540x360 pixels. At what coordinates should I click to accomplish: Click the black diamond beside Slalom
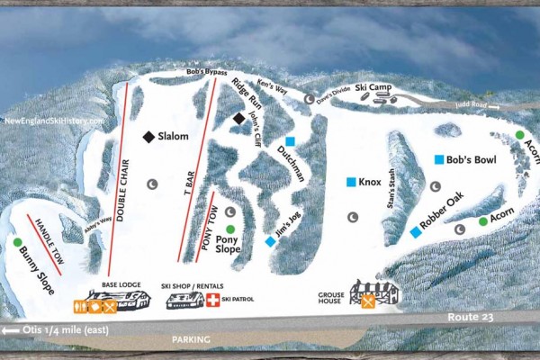148,136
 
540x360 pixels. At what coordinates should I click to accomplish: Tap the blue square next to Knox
350,182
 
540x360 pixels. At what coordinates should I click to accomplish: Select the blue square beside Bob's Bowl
438,159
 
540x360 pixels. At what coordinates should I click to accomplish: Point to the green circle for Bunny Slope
18,241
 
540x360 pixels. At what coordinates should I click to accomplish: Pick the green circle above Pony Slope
230,229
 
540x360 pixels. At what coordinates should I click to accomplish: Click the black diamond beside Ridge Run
239,118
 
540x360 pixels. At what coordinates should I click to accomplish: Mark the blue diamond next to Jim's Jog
270,241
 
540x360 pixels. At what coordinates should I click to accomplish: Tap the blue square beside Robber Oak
415,232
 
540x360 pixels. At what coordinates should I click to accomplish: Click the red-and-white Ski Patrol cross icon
213,301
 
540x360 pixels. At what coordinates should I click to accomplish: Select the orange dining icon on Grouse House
367,301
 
